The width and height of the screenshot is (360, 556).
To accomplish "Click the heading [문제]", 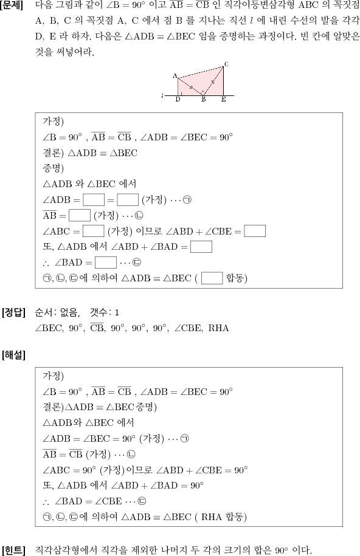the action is pyautogui.click(x=12, y=6).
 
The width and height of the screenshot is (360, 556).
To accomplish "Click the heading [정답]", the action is pyautogui.click(x=13, y=312).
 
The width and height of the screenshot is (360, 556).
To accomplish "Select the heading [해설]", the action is pyautogui.click(x=13, y=355).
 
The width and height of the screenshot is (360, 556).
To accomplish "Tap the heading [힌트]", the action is pyautogui.click(x=13, y=550).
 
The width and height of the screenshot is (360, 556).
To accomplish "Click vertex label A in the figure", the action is pyautogui.click(x=175, y=75).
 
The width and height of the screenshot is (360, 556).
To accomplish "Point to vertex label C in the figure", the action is pyautogui.click(x=226, y=64).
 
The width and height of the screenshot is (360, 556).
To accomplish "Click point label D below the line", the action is pyautogui.click(x=178, y=100).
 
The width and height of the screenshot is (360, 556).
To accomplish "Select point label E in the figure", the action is pyautogui.click(x=223, y=100).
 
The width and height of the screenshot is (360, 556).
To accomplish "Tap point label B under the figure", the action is pyautogui.click(x=204, y=100).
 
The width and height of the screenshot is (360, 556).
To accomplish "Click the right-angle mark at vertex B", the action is pyautogui.click(x=203, y=92).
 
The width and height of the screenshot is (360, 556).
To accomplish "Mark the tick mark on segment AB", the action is pyautogui.click(x=191, y=88).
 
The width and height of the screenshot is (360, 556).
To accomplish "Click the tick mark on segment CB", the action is pyautogui.click(x=213, y=82).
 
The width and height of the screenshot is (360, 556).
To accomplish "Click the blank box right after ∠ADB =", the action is pyautogui.click(x=94, y=200).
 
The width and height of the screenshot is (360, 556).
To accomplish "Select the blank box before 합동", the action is pyautogui.click(x=212, y=278).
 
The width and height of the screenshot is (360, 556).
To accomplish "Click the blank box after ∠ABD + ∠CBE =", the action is pyautogui.click(x=255, y=231).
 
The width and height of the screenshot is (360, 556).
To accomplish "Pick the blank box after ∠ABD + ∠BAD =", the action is pyautogui.click(x=201, y=247).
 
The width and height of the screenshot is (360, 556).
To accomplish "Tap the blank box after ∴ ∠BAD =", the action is pyautogui.click(x=106, y=263).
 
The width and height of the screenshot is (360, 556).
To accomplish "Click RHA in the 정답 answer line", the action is pyautogui.click(x=218, y=328).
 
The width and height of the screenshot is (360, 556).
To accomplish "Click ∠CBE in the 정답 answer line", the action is pyautogui.click(x=188, y=328).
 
